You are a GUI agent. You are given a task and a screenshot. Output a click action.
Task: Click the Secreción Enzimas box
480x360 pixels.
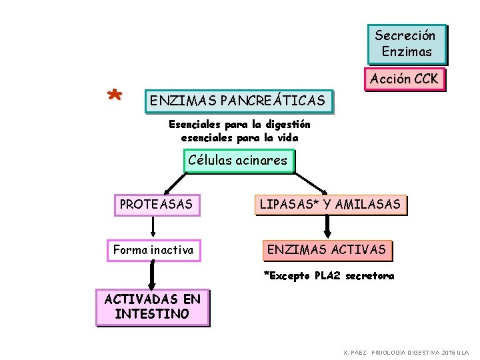pos(406,43)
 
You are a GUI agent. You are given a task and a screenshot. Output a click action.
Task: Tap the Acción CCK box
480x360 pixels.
pos(404,79)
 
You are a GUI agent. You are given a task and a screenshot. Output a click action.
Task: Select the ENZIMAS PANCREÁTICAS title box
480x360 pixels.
pos(238,101)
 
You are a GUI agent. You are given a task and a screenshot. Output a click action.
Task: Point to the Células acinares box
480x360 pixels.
pos(238,161)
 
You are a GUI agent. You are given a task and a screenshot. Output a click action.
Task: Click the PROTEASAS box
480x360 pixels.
pos(156,204)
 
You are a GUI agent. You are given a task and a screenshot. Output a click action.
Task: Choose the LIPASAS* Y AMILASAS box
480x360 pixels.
pos(330,205)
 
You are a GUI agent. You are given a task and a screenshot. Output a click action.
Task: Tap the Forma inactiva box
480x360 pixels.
pos(153,250)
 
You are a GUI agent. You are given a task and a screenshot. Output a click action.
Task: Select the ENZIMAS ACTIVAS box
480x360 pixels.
pos(327,250)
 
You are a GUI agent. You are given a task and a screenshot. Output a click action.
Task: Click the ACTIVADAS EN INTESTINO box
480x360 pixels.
pos(152,307)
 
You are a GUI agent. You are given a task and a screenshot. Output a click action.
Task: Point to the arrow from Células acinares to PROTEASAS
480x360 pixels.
pos(176,181)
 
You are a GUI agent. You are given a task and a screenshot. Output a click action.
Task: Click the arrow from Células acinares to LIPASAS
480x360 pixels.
pos(311,182)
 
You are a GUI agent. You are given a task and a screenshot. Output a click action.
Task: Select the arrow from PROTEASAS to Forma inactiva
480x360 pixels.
pos(153,227)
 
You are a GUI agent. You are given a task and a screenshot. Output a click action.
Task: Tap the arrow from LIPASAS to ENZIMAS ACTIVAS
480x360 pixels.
pos(327,227)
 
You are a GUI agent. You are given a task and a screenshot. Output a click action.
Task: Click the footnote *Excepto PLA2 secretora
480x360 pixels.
pos(329,275)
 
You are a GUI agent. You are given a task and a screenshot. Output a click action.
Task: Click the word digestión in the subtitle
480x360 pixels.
pos(288,124)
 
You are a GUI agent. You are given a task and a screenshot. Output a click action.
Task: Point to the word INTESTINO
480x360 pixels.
pos(152,314)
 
